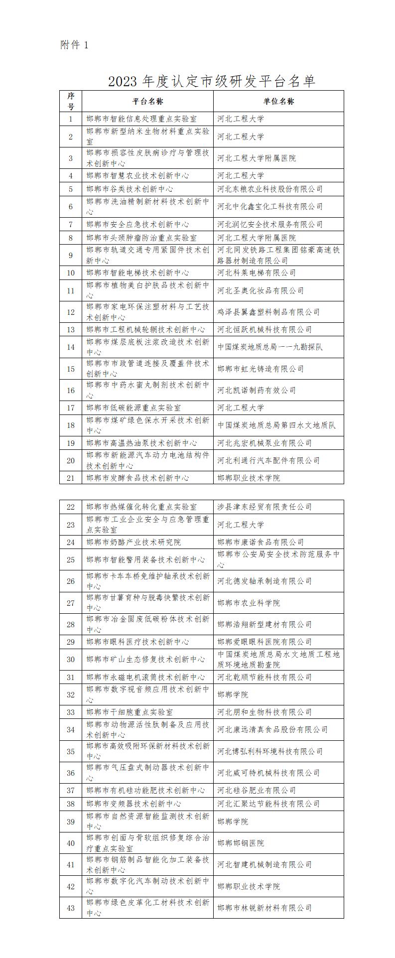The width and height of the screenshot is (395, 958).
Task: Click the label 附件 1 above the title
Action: pyautogui.click(x=74, y=45)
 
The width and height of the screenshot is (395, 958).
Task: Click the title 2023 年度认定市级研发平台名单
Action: pyautogui.click(x=212, y=81)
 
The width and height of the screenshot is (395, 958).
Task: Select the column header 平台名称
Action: pyautogui.click(x=147, y=101)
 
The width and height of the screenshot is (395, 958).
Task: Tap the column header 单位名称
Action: pyautogui.click(x=278, y=101)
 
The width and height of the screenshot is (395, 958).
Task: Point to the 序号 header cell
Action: pyautogui.click(x=71, y=101)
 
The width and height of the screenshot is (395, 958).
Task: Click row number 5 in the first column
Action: pyautogui.click(x=71, y=189)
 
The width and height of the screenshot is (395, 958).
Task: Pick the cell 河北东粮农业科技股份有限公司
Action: pyautogui.click(x=270, y=189)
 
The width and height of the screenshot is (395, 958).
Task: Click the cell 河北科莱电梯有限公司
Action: pyautogui.click(x=257, y=273)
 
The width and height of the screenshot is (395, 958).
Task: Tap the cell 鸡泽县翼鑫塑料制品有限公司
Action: pyautogui.click(x=268, y=312)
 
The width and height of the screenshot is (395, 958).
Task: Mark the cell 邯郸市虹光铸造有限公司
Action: pyautogui.click(x=261, y=369)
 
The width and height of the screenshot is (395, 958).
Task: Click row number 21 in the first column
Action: pyautogui.click(x=71, y=478)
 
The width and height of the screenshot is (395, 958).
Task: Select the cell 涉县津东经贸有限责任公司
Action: pyautogui.click(x=264, y=507)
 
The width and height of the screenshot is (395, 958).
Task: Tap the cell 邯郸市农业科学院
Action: pyautogui.click(x=249, y=603)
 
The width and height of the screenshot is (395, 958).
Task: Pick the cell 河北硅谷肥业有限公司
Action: pyautogui.click(x=257, y=791)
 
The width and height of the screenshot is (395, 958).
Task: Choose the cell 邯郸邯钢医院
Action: pyautogui.click(x=241, y=843)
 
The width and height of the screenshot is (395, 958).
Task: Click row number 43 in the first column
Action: pyautogui.click(x=71, y=908)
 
